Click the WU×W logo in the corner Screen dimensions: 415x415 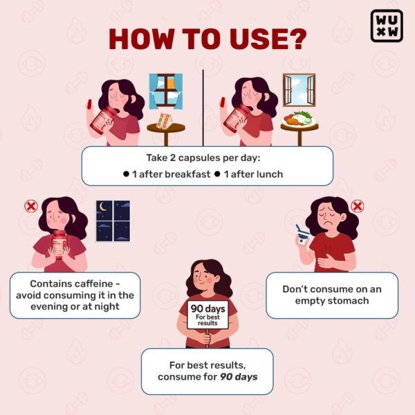387,26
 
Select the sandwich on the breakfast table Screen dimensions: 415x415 164,121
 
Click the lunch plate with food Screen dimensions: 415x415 299,119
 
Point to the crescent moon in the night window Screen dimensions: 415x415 102,207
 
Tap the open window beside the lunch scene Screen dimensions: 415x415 299,90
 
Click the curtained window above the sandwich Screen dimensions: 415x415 166,91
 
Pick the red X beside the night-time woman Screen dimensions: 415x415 31,206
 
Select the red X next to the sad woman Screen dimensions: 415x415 358,206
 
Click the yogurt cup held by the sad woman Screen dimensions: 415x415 302,236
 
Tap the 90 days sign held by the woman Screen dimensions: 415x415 207,315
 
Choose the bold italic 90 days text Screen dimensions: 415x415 239,377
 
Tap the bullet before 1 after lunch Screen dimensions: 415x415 217,174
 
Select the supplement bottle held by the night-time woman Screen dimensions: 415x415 59,244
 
